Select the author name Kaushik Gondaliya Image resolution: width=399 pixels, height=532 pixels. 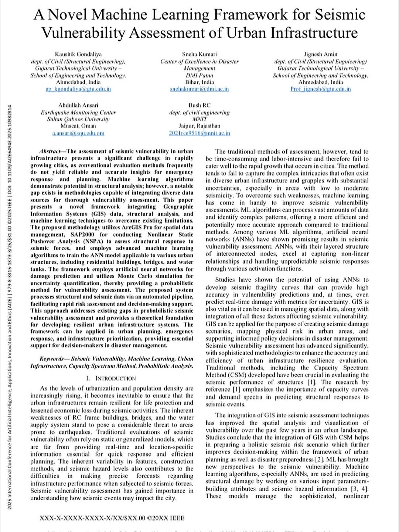tap(78, 54)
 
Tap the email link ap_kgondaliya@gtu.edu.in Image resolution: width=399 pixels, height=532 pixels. tap(78, 89)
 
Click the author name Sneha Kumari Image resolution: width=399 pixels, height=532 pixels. tap(199, 54)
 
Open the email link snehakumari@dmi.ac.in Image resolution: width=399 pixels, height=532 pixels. tap(199, 89)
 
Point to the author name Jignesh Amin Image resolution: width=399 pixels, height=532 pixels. tap(320, 54)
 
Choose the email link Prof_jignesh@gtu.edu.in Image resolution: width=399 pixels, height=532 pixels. tap(320, 89)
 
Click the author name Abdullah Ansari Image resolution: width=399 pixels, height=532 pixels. tap(78, 105)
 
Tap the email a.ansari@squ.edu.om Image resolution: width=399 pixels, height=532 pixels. tap(78, 133)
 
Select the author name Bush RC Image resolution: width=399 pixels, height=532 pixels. tap(199, 105)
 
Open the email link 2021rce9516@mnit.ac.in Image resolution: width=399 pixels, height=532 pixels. tap(199, 133)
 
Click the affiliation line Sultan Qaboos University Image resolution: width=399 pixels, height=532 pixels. tap(78, 119)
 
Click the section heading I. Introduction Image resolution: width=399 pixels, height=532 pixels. tap(111, 378)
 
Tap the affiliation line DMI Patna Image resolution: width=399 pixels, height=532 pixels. tap(199, 75)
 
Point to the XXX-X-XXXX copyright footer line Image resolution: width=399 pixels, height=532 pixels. tap(112, 518)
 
